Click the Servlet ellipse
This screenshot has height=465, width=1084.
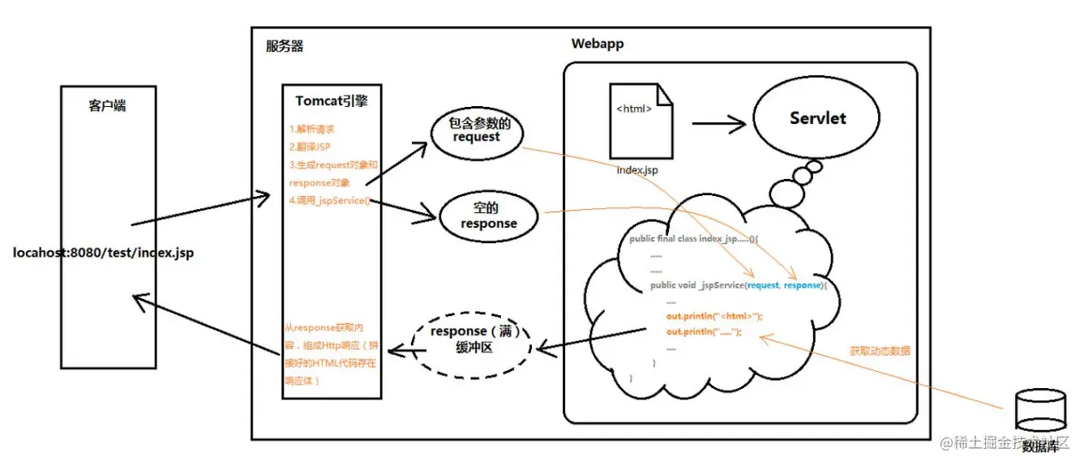[x=816, y=118]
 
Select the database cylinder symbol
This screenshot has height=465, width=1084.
[x=1038, y=409]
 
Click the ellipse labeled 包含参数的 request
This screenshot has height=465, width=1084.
[x=476, y=130]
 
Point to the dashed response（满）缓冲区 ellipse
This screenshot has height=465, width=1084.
[x=473, y=340]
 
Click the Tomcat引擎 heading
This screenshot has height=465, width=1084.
[x=331, y=100]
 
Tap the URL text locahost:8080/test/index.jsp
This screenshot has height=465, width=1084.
[x=103, y=253]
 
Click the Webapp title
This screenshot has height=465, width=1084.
[x=598, y=44]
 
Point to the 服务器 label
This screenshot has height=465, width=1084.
[x=285, y=46]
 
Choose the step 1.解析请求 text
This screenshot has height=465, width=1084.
[x=312, y=129]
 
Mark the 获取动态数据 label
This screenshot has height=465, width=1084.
[x=880, y=351]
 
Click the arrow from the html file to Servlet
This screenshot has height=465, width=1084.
[x=718, y=124]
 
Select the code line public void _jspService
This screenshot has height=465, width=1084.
[x=737, y=285]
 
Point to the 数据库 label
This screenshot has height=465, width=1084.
[x=1039, y=446]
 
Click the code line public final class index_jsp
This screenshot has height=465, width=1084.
[x=693, y=240]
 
